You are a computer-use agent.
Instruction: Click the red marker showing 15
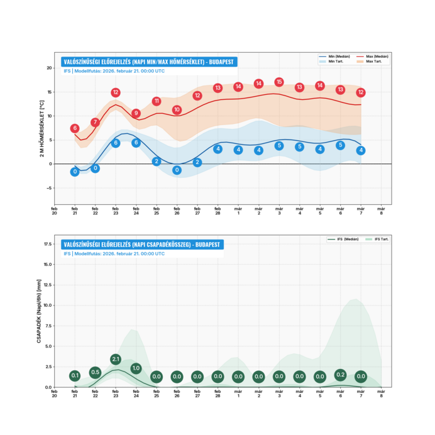pyautogui.click(x=279, y=82)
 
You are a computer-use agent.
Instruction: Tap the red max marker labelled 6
pyautogui.click(x=75, y=128)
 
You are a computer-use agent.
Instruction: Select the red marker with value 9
pyautogui.click(x=136, y=113)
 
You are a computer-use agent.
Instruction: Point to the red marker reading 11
pyautogui.click(x=157, y=101)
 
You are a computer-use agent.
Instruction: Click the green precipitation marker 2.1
pyautogui.click(x=116, y=360)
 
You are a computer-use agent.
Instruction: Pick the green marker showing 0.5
pyautogui.click(x=95, y=372)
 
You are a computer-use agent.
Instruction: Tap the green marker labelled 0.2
pyautogui.click(x=340, y=375)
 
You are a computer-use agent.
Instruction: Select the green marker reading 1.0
pyautogui.click(x=136, y=368)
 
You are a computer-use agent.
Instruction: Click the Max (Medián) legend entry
pyautogui.click(x=372, y=57)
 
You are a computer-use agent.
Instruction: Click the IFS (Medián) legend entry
pyautogui.click(x=343, y=240)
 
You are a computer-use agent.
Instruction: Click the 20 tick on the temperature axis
pyautogui.click(x=49, y=68)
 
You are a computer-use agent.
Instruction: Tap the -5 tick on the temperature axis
pyautogui.click(x=49, y=188)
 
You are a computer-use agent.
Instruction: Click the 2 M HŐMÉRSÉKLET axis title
pyautogui.click(x=42, y=128)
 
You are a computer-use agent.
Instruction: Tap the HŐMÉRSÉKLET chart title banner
pyautogui.click(x=148, y=62)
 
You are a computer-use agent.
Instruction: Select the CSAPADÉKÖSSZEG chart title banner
pyautogui.click(x=142, y=245)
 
